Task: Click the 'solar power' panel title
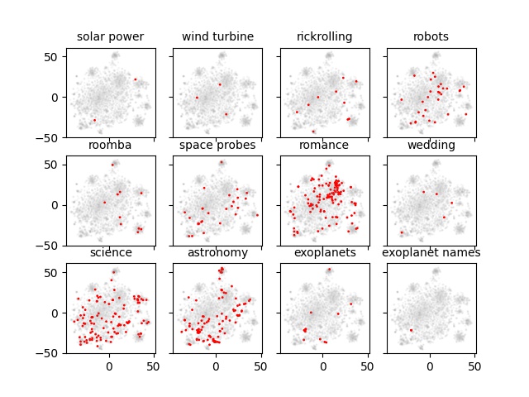(110, 37)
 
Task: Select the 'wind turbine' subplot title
(217, 37)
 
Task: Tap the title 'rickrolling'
(324, 37)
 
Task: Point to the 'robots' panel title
(431, 37)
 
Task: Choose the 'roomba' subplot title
(110, 146)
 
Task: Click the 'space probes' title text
(217, 146)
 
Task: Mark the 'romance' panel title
(324, 146)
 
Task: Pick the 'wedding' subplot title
(431, 146)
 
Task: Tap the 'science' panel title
(110, 253)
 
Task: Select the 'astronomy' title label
(217, 253)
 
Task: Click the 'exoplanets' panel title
(324, 253)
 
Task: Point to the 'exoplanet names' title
(431, 253)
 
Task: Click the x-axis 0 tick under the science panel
(109, 365)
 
